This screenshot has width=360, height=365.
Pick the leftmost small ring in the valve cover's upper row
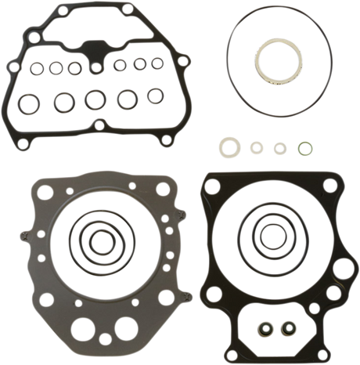coord(35,68)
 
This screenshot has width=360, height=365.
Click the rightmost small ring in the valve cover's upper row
coord(162,65)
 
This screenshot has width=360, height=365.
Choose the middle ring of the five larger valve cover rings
coord(95,99)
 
